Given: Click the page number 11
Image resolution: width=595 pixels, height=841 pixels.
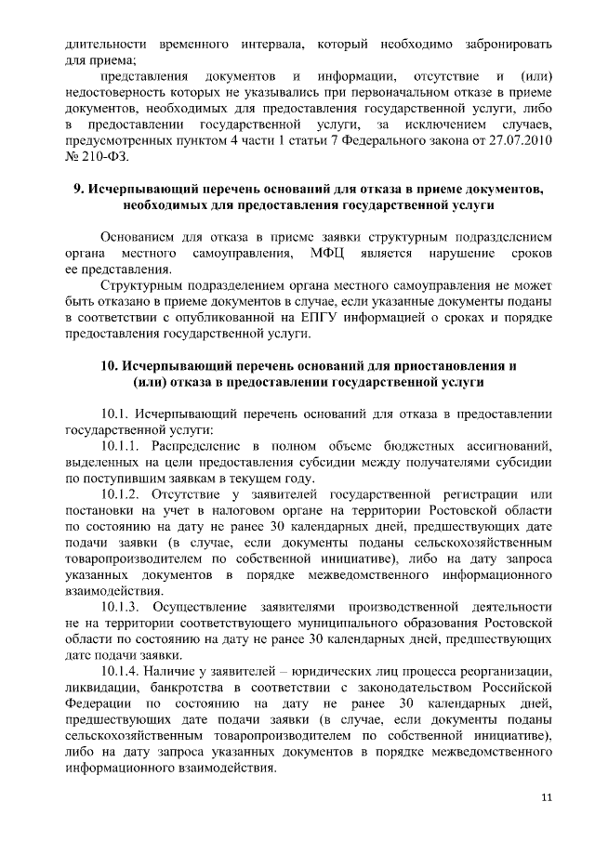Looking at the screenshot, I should tap(547, 797).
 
